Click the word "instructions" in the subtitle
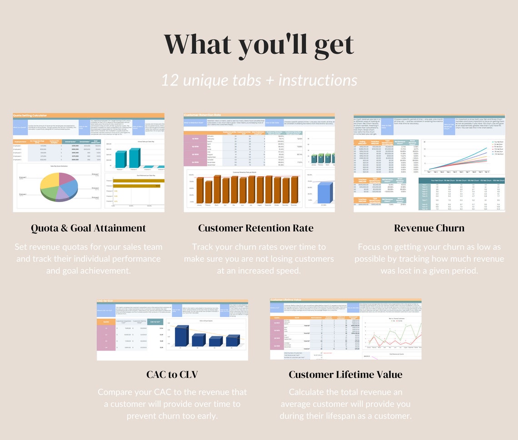(x=318, y=80)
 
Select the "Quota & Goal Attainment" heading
(x=89, y=228)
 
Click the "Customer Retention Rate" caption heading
(x=256, y=228)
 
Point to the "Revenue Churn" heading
(x=429, y=228)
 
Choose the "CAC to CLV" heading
(x=172, y=375)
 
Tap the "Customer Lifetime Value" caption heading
(x=345, y=375)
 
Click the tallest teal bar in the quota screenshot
(x=134, y=158)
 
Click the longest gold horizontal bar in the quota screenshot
(x=136, y=185)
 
